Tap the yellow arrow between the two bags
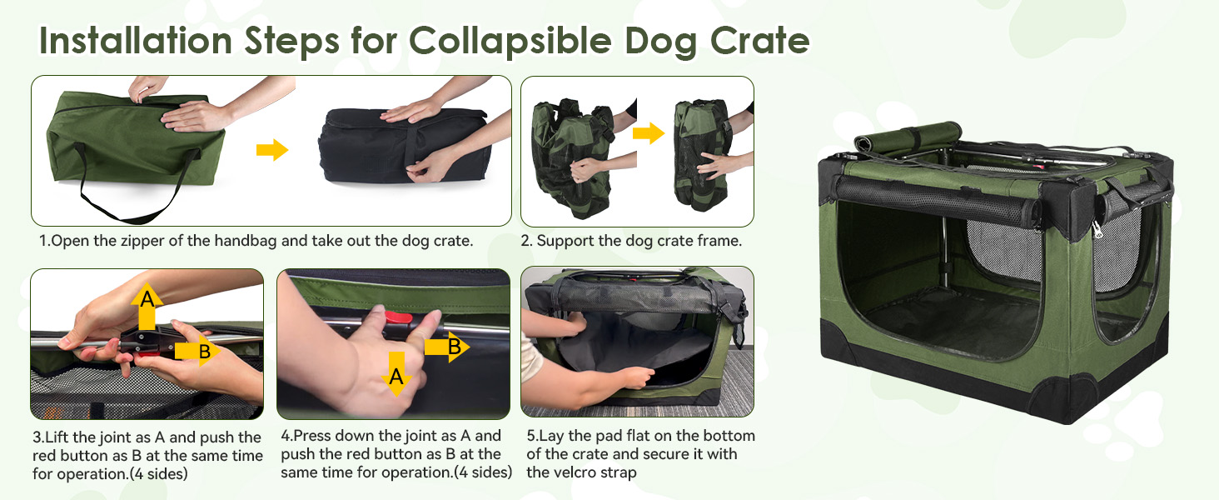click(x=271, y=150)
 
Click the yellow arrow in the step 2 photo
click(x=648, y=132)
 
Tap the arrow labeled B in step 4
click(x=447, y=347)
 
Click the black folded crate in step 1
click(x=400, y=146)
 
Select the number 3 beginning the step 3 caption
click(x=36, y=437)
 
